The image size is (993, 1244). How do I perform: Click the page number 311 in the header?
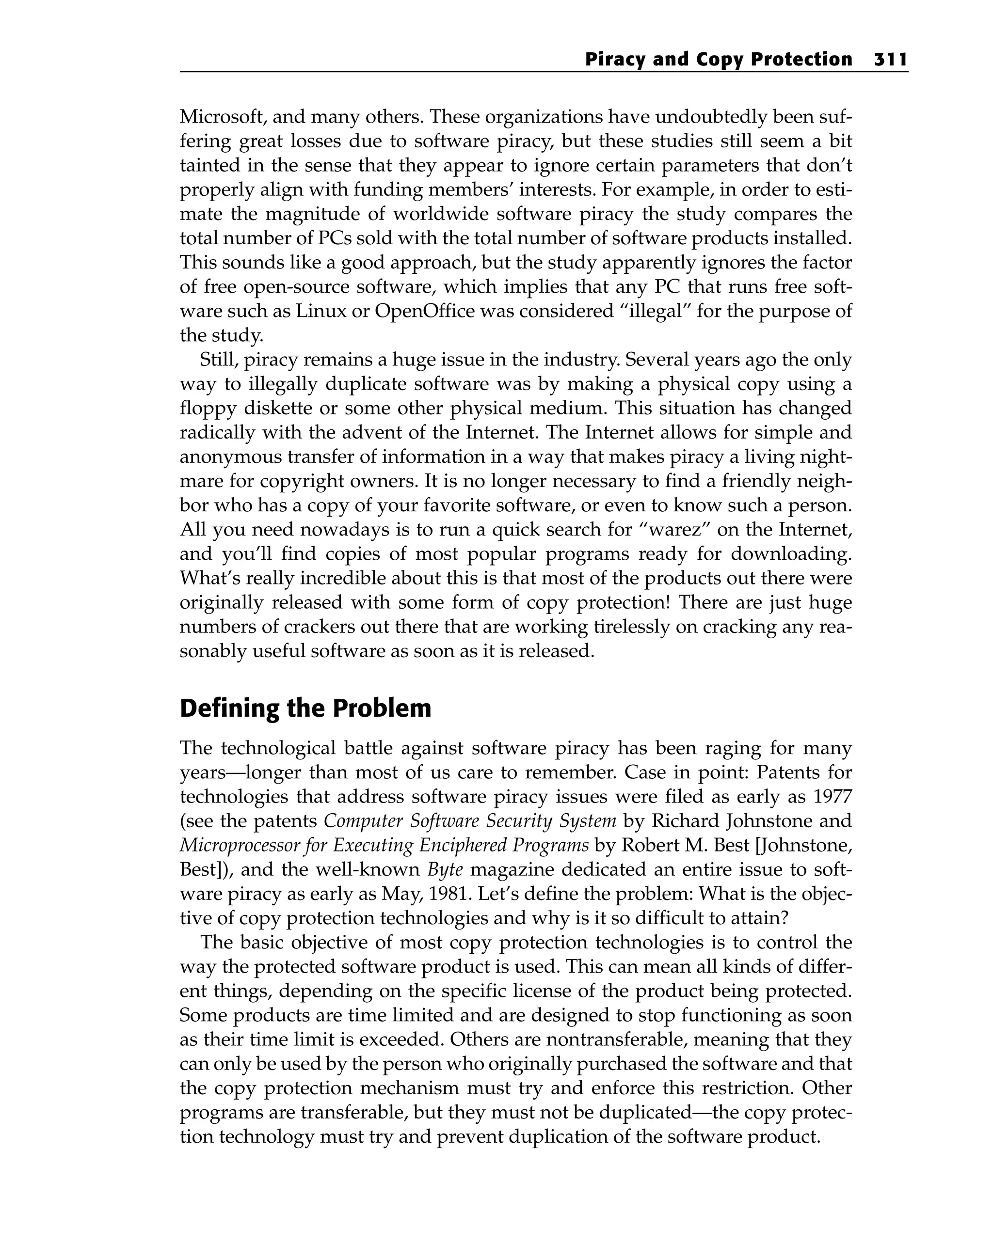[x=890, y=60]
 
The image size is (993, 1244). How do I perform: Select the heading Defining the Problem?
[x=305, y=709]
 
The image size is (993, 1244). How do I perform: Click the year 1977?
[x=832, y=797]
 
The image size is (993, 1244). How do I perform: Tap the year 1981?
[x=447, y=894]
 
